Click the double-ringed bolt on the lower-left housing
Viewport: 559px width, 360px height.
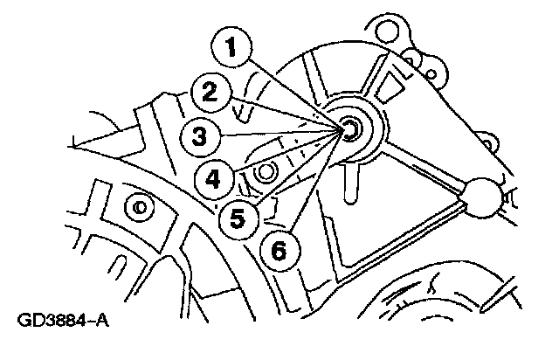click(x=137, y=207)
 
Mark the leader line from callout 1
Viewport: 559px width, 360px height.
click(x=297, y=93)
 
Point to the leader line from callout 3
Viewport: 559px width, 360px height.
click(x=279, y=135)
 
